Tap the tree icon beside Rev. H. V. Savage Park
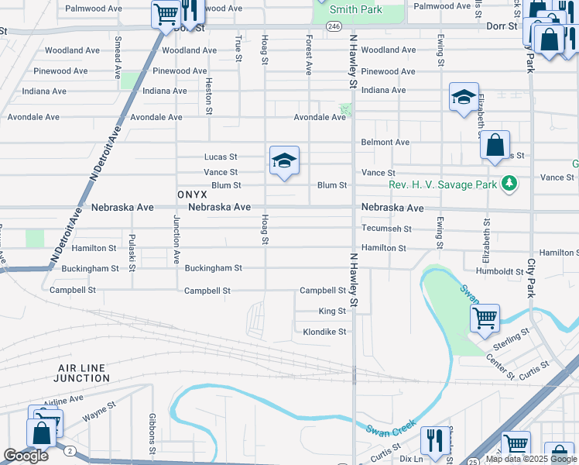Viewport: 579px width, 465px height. tap(509, 183)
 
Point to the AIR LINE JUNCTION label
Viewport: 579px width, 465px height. tap(82, 373)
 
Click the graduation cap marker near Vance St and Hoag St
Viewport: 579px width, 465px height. tap(284, 160)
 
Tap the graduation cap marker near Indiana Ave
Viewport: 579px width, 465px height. tap(464, 97)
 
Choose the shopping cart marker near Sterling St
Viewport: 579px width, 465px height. tap(485, 316)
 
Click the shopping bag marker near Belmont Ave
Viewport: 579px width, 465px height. tap(495, 145)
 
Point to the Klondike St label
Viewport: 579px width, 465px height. tap(324, 331)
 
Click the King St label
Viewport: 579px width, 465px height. tap(332, 311)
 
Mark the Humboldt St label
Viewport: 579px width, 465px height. tap(500, 271)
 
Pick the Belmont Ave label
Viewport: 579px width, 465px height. tap(385, 143)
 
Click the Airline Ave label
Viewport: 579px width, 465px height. tap(63, 400)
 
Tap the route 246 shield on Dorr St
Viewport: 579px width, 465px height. tap(334, 26)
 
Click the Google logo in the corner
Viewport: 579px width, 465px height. tap(26, 456)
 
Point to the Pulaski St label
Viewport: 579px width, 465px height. tap(132, 252)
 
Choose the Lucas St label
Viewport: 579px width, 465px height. tap(220, 157)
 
